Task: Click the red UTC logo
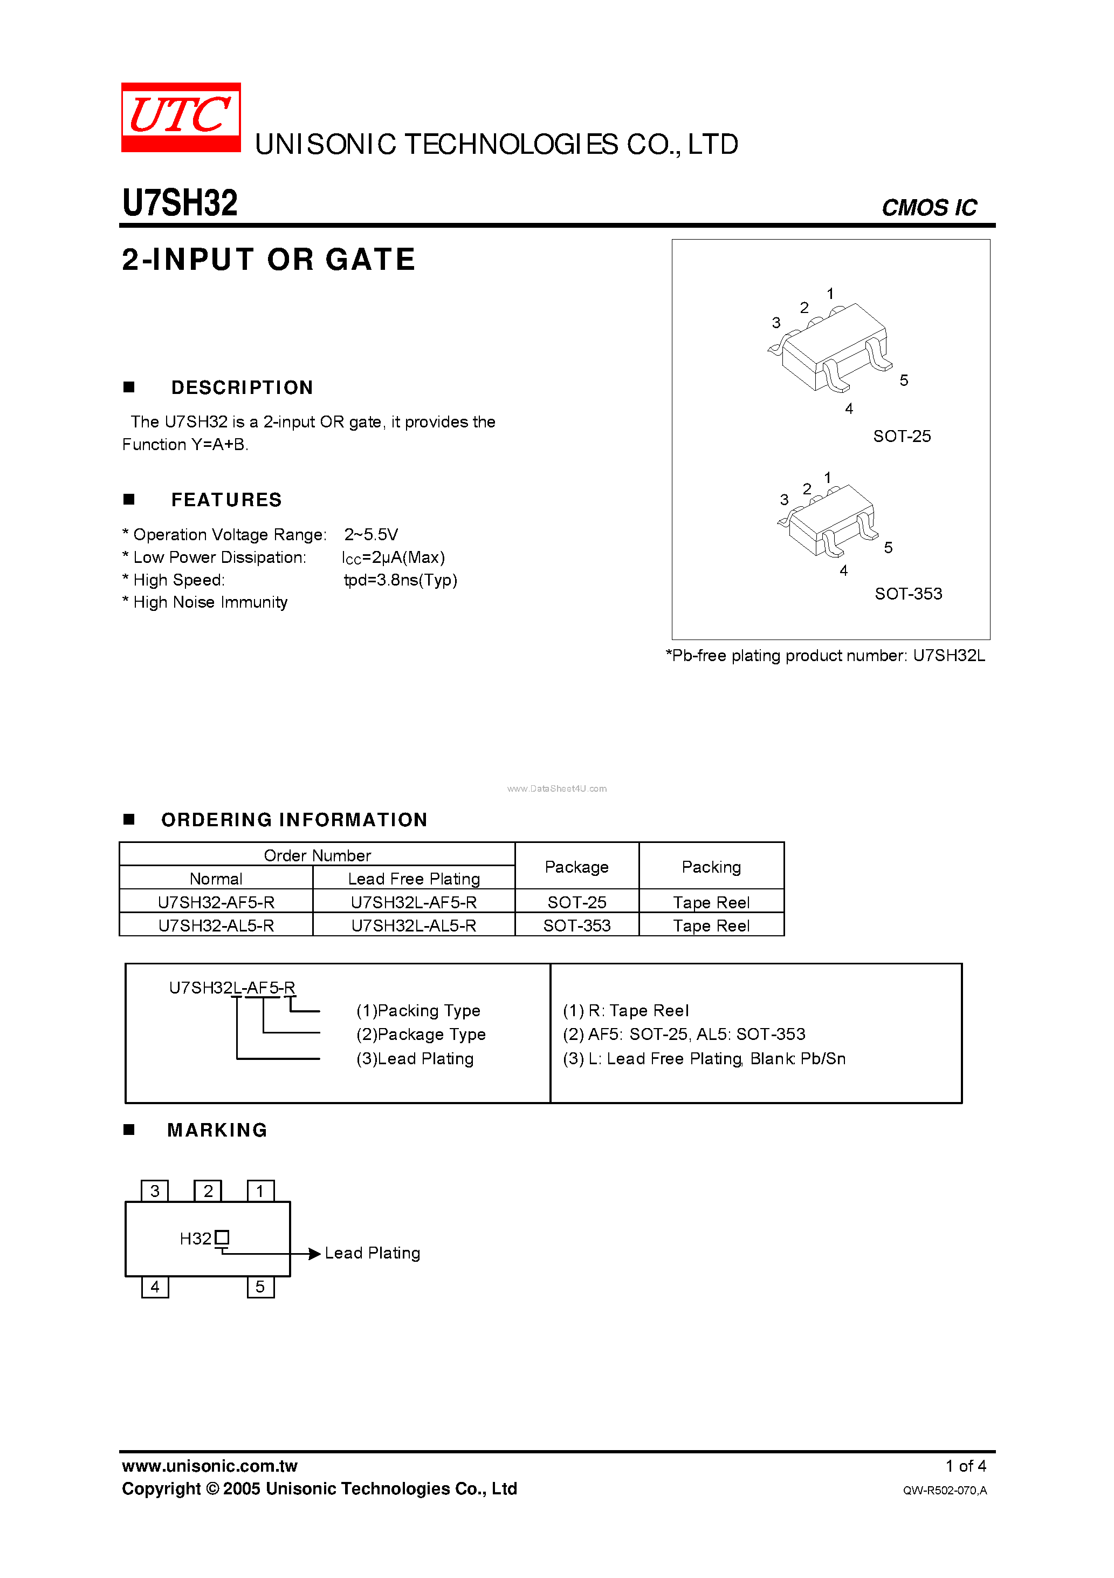[181, 117]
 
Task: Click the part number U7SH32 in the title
[180, 203]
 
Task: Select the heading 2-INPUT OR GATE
[269, 260]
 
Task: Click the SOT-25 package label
[901, 437]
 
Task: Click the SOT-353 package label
[908, 594]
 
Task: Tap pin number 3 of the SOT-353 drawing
[783, 500]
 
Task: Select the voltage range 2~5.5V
[371, 535]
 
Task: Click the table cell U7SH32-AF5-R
[216, 902]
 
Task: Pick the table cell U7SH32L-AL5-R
[414, 926]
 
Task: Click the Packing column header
[711, 867]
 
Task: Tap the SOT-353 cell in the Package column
[576, 926]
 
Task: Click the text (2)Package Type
[421, 1035]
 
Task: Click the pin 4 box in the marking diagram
[155, 1287]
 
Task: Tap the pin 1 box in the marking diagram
[260, 1191]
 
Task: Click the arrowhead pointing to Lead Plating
[314, 1254]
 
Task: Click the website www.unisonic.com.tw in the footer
[209, 1466]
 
